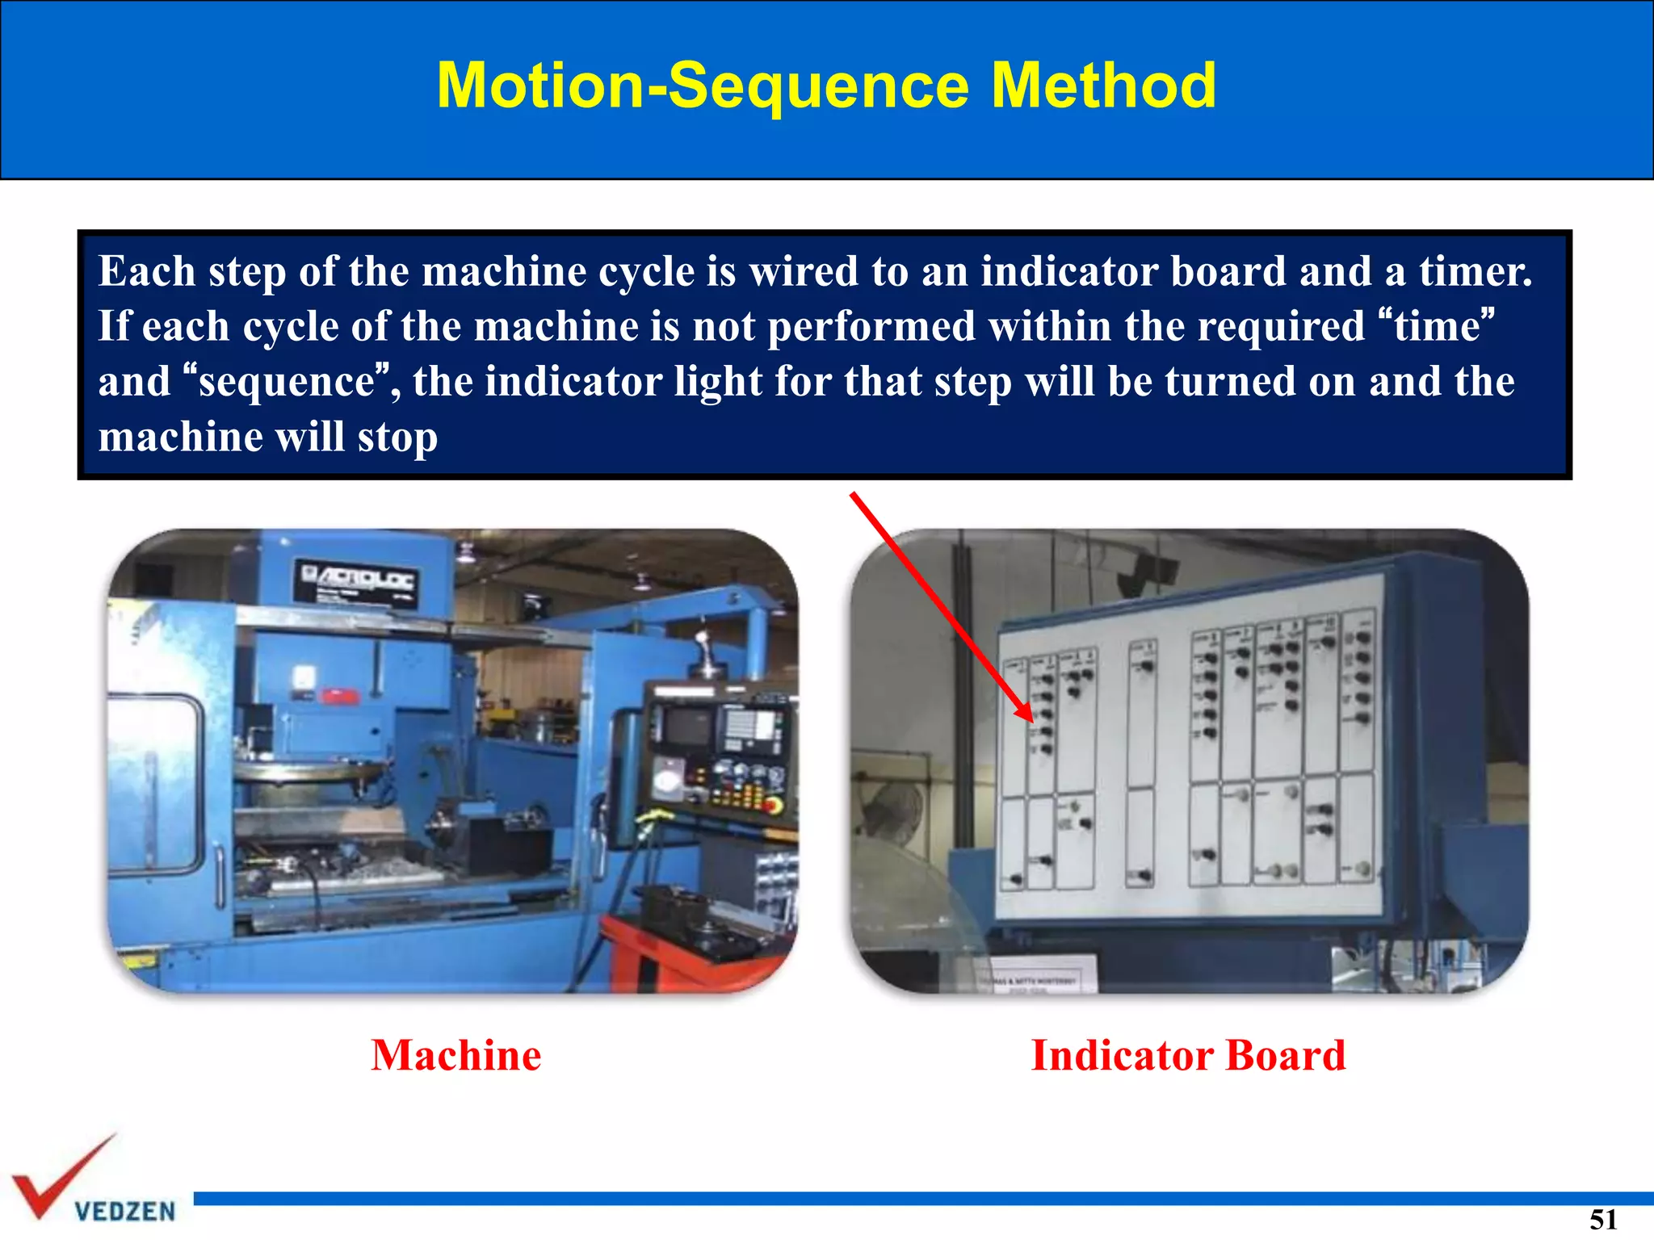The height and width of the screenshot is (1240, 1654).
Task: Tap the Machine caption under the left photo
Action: pyautogui.click(x=456, y=1055)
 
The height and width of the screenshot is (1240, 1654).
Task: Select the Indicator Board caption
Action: pyautogui.click(x=1188, y=1055)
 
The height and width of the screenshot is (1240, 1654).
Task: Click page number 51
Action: pyautogui.click(x=1603, y=1219)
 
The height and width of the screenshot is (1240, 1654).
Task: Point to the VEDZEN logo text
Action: pyautogui.click(x=125, y=1211)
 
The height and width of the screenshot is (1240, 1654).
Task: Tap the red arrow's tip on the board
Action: pyautogui.click(x=1030, y=718)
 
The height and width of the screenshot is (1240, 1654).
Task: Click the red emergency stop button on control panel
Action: pyautogui.click(x=773, y=805)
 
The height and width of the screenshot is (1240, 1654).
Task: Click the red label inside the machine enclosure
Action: pyautogui.click(x=341, y=695)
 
